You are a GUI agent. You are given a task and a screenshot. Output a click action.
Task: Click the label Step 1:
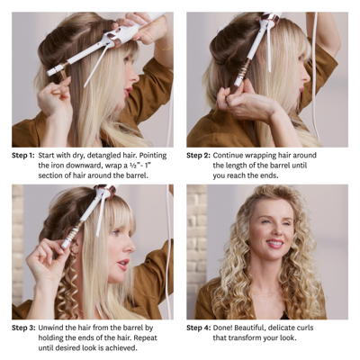pyautogui.click(x=22, y=155)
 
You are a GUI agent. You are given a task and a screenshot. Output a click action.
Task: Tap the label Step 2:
pyautogui.click(x=198, y=155)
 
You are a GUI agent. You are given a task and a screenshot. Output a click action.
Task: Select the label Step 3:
pyautogui.click(x=22, y=328)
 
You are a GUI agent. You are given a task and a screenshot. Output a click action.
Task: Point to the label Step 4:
pyautogui.click(x=198, y=328)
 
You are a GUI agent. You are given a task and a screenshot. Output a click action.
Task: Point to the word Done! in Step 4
pyautogui.click(x=229, y=328)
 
